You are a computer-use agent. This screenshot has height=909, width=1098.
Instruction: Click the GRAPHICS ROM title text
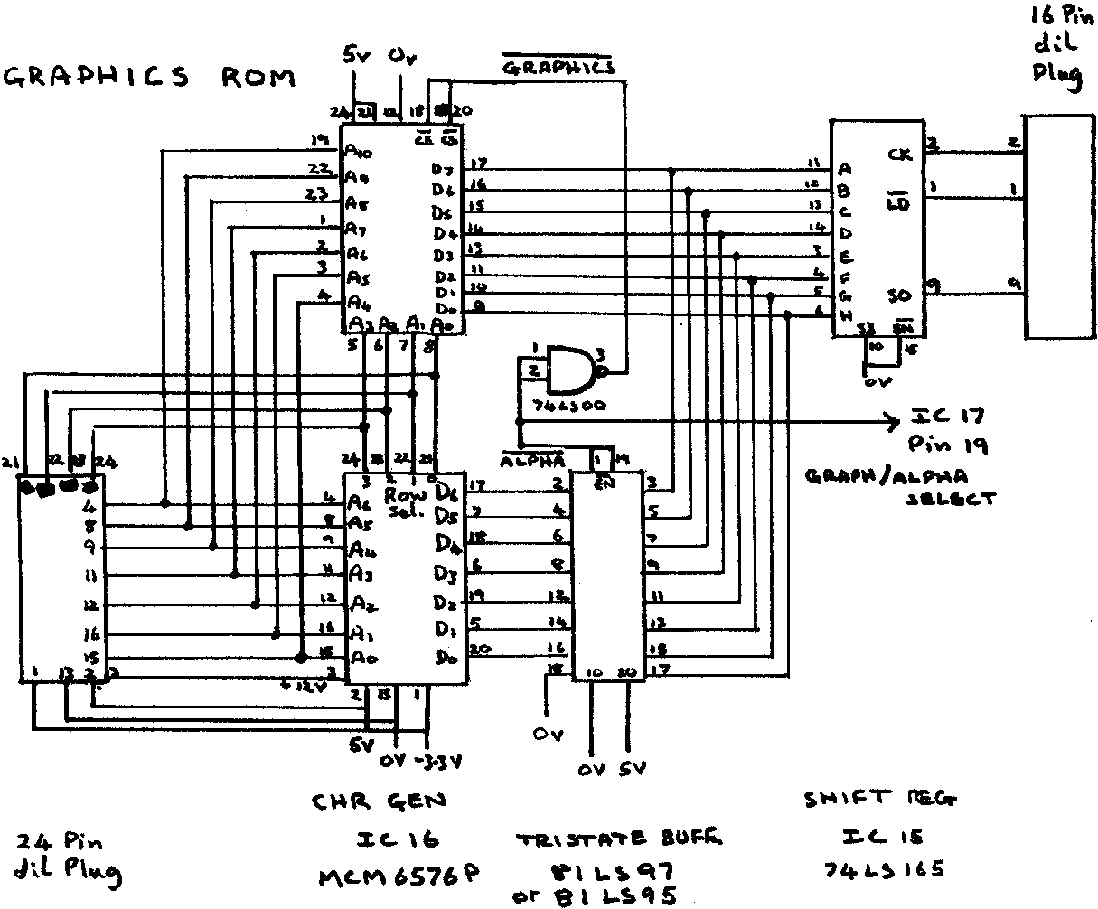[150, 78]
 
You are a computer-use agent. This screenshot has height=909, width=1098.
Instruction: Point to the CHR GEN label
[379, 801]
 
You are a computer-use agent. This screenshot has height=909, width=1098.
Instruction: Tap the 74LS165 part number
[886, 870]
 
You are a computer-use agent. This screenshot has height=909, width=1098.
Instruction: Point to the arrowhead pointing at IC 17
[893, 421]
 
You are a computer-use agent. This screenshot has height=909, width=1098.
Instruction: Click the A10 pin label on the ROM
[359, 151]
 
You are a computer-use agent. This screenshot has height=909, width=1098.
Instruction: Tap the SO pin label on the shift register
[901, 295]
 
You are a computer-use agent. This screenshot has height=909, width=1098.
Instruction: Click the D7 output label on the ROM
[443, 170]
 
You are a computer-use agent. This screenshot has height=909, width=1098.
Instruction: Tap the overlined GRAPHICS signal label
[558, 67]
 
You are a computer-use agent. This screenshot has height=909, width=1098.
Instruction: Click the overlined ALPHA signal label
[533, 457]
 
